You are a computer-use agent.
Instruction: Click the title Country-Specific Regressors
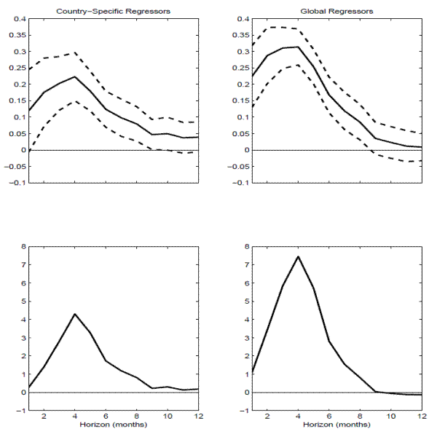click(x=113, y=11)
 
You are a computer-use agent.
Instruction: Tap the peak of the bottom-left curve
click(x=75, y=314)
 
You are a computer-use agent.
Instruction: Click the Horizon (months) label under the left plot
click(x=113, y=424)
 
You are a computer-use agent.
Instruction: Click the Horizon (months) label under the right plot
click(x=336, y=424)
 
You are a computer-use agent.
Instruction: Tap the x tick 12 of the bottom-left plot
click(x=198, y=416)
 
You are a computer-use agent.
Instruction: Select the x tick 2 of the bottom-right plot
click(x=268, y=416)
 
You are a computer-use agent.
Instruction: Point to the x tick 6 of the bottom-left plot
click(x=106, y=416)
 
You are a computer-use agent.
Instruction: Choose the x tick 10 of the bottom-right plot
click(x=391, y=416)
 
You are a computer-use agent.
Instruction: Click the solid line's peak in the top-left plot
click(x=75, y=76)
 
